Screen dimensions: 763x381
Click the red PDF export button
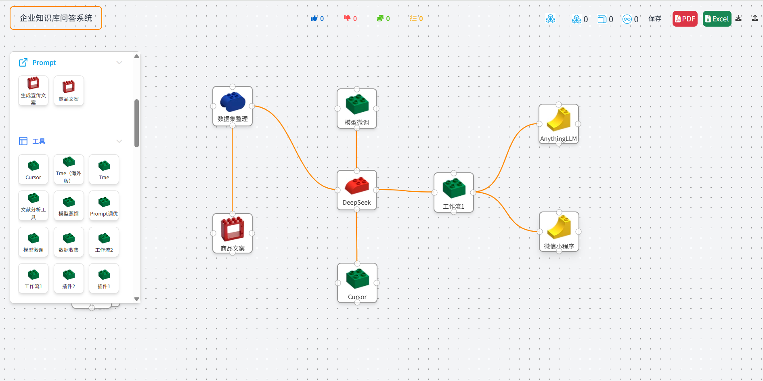pyautogui.click(x=685, y=19)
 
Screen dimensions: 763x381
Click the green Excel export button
pyautogui.click(x=717, y=19)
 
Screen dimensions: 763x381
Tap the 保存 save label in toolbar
pyautogui.click(x=655, y=19)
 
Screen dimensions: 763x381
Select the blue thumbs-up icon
pyautogui.click(x=314, y=18)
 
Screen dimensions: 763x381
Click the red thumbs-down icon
pyautogui.click(x=347, y=18)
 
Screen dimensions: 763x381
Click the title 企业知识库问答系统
pyautogui.click(x=56, y=18)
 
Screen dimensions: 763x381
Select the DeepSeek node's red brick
pyautogui.click(x=357, y=186)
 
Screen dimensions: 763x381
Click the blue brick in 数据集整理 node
pyautogui.click(x=233, y=102)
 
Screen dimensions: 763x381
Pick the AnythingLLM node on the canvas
pyautogui.click(x=559, y=124)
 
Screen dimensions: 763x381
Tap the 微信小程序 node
pyautogui.click(x=559, y=232)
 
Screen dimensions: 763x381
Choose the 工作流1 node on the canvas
pyautogui.click(x=454, y=193)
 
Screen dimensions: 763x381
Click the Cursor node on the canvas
pyautogui.click(x=357, y=283)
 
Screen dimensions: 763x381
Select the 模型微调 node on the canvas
pyautogui.click(x=357, y=109)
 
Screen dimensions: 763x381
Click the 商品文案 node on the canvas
pyautogui.click(x=233, y=233)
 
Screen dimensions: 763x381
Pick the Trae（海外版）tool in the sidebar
pyautogui.click(x=69, y=170)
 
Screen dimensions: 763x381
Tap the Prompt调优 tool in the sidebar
pyautogui.click(x=104, y=206)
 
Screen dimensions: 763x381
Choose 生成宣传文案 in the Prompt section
pyautogui.click(x=33, y=91)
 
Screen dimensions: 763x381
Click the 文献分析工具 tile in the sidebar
pyautogui.click(x=33, y=206)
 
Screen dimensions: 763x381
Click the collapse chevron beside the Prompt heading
pyautogui.click(x=119, y=63)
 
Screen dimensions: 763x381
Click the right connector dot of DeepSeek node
pyautogui.click(x=376, y=190)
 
